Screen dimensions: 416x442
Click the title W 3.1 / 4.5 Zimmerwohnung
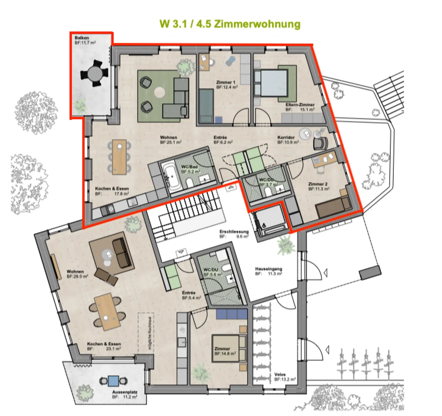pos(230,24)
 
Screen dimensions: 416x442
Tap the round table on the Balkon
pos(94,74)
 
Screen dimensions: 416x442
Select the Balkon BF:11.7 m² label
pos(85,40)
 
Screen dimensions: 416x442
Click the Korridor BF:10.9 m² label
pos(288,140)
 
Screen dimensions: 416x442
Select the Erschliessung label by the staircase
pos(234,234)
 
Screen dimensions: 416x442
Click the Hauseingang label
pos(268,271)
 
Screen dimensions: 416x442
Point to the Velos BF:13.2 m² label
pos(285,377)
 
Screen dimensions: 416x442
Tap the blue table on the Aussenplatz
pos(113,381)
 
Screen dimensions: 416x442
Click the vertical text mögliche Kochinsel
pos(150,333)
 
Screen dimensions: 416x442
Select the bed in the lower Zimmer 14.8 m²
pos(229,349)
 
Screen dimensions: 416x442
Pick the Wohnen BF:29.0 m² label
pos(77,274)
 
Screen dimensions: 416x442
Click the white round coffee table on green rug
pos(159,92)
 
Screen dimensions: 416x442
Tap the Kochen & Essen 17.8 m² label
pos(112,191)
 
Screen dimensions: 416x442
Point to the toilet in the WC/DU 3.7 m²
pos(268,192)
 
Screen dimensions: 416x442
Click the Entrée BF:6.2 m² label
pos(223,140)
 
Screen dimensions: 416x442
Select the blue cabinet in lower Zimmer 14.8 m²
pos(231,314)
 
